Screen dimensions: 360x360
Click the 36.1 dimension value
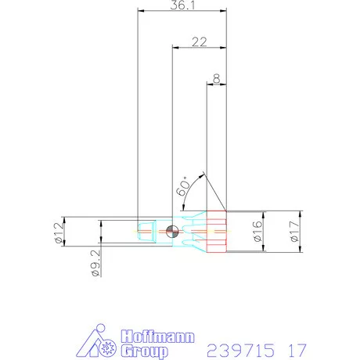pos(182,5)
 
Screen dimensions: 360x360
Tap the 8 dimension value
pos(215,78)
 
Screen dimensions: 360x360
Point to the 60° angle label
pos(182,185)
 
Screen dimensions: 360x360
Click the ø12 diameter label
pos(59,232)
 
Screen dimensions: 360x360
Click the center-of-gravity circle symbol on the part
pos(173,230)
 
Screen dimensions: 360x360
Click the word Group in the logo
pos(145,352)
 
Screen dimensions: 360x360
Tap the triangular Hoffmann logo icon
pos(99,344)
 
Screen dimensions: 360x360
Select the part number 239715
pos(236,347)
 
